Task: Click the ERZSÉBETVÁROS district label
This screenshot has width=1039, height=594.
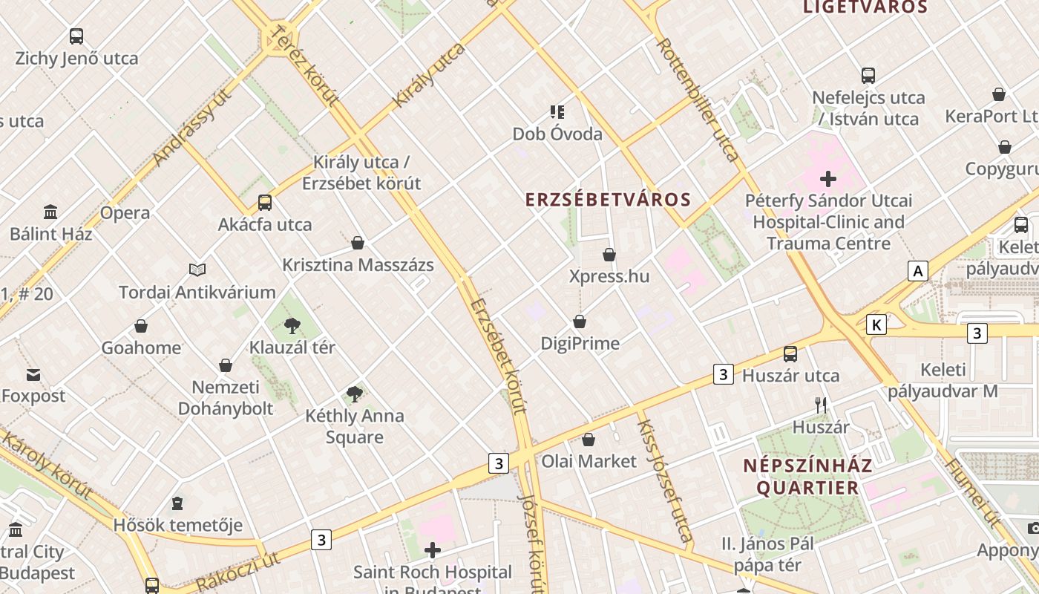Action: pos(609,200)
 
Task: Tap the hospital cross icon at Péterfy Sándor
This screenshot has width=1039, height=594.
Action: pos(828,179)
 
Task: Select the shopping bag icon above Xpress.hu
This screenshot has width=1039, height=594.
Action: pos(609,255)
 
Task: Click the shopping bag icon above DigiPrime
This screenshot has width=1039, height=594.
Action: pos(580,322)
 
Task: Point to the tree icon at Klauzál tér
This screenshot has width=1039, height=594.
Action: pos(292,325)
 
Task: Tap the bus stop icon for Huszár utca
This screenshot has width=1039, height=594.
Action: pos(790,354)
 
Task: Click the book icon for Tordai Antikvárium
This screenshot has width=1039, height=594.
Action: pos(197,270)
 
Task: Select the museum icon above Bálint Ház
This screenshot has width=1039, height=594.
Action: pos(50,212)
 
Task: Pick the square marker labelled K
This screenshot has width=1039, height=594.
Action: pos(877,324)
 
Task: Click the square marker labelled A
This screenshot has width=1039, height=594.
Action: pos(918,271)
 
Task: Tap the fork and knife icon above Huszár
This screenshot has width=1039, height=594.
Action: pos(821,405)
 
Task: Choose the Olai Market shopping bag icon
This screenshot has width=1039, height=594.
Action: pos(589,440)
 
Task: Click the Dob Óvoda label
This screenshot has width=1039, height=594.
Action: pos(557,134)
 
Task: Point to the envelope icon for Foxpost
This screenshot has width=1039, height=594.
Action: pos(33,374)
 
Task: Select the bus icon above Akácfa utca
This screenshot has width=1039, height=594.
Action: pos(265,203)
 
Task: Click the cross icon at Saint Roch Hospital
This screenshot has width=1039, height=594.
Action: pos(433,550)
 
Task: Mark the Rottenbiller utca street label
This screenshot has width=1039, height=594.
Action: pos(698,100)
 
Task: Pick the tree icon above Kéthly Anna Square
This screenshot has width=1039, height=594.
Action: pos(355,394)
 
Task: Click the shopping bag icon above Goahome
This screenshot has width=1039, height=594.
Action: pos(141,326)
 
